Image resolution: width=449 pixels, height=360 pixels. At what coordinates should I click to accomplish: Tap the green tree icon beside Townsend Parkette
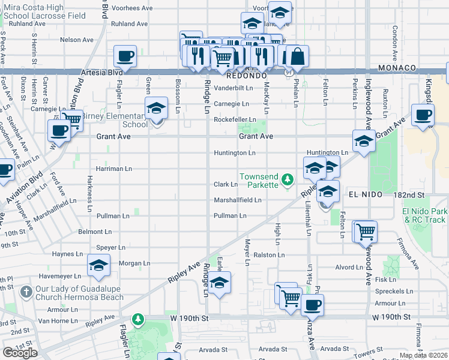click(288, 179)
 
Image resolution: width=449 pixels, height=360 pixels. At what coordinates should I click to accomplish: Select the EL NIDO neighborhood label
click(366, 195)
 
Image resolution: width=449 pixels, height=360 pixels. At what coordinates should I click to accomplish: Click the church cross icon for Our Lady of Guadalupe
click(26, 292)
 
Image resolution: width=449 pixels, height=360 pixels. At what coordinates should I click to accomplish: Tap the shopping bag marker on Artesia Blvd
click(297, 57)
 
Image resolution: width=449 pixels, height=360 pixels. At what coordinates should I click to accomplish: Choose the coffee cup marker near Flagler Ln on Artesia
click(125, 57)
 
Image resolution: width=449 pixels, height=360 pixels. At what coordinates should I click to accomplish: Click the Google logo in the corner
click(20, 353)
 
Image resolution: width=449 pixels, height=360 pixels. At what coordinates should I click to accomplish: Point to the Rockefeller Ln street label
click(235, 120)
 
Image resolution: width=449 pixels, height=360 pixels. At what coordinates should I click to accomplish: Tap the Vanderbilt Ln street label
click(234, 88)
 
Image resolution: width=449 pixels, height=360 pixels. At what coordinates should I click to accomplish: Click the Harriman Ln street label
click(113, 169)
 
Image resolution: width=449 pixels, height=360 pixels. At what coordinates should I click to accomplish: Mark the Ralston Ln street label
click(268, 255)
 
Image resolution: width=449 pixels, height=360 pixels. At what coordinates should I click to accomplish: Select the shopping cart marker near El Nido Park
click(365, 230)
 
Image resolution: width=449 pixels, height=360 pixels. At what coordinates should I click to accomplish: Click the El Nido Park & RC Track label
click(424, 216)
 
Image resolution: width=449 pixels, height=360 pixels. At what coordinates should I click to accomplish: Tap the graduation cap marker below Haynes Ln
click(99, 266)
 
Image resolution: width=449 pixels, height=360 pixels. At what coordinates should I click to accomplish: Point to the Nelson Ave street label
click(77, 40)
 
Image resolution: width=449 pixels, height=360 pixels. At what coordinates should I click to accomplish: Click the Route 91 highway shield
click(289, 72)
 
